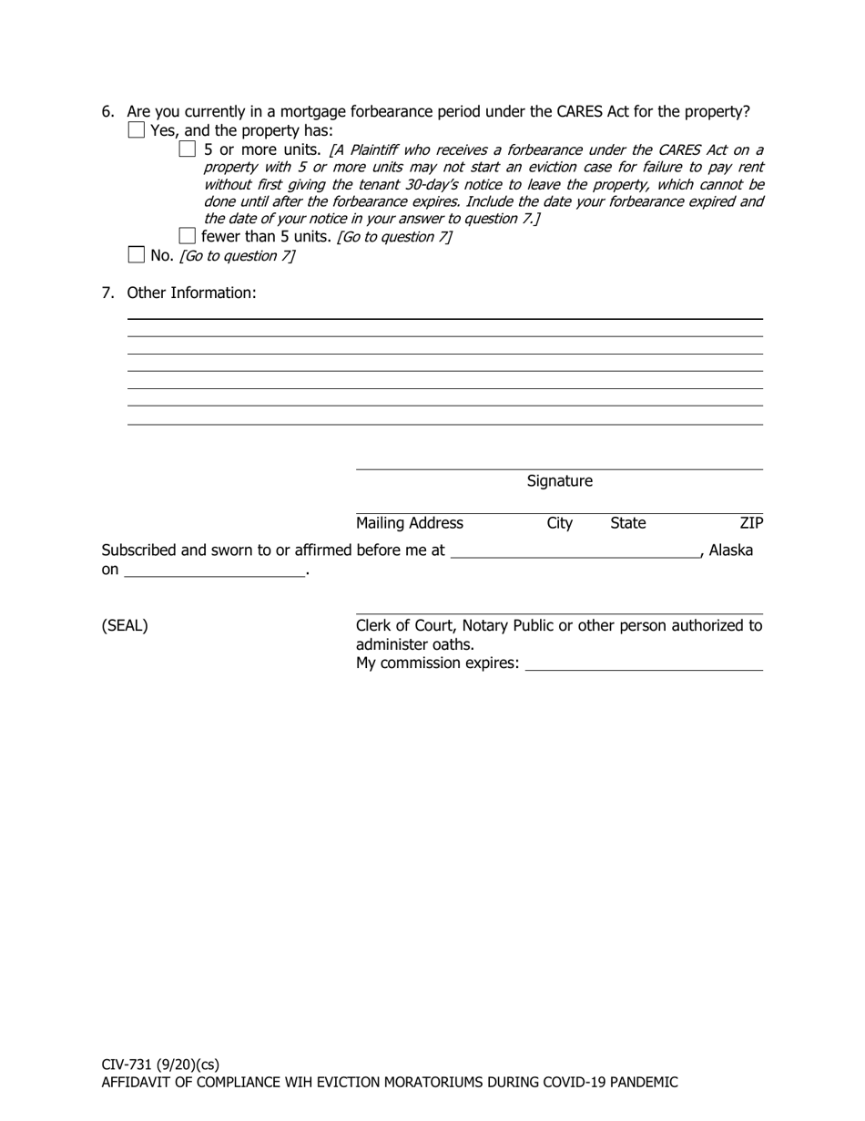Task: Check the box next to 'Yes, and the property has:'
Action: [137, 130]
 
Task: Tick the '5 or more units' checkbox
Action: [188, 149]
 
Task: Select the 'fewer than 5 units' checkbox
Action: [188, 236]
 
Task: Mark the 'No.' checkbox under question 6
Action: [137, 255]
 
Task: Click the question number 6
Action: [107, 112]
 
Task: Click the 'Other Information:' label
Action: [191, 293]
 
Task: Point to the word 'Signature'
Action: [559, 481]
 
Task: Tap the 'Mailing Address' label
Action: [409, 523]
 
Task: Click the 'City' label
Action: [559, 523]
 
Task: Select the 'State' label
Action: [627, 523]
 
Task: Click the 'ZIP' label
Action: [751, 523]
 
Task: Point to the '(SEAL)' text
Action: [125, 626]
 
